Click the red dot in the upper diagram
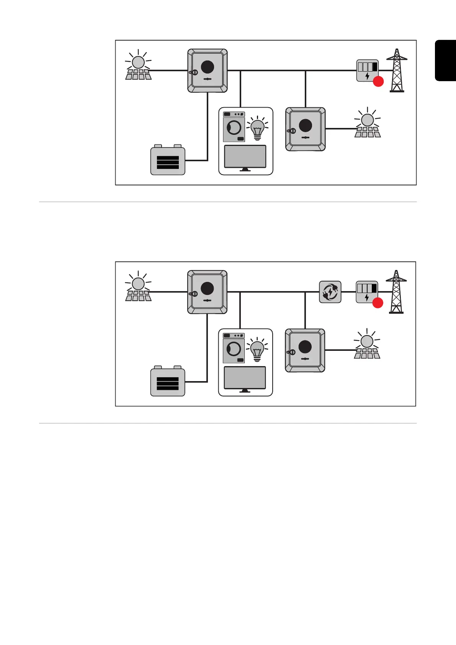[x=378, y=82]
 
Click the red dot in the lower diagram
[x=378, y=303]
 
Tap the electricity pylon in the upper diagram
[x=397, y=71]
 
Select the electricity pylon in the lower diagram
[x=396, y=292]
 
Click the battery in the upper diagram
[x=168, y=160]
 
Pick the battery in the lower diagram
[x=168, y=382]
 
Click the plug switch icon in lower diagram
[x=330, y=292]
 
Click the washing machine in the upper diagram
[x=234, y=127]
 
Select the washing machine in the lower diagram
[x=234, y=349]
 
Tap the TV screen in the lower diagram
[x=245, y=378]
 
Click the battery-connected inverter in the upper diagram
[x=208, y=71]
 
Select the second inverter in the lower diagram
[x=305, y=350]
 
